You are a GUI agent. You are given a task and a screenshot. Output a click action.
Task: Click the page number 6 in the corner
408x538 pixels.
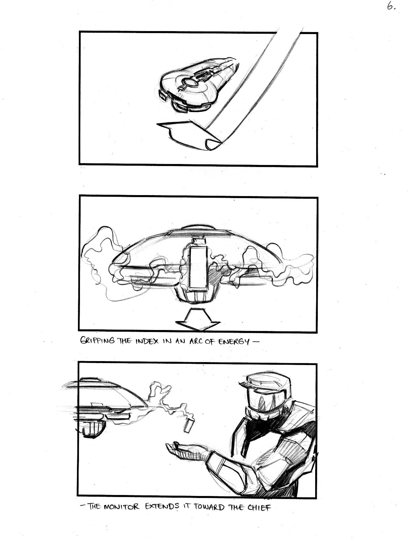(390, 6)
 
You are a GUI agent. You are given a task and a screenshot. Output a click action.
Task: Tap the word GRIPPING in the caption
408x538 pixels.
(97, 342)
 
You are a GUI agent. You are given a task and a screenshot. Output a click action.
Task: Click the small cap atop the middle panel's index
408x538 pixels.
(198, 242)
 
